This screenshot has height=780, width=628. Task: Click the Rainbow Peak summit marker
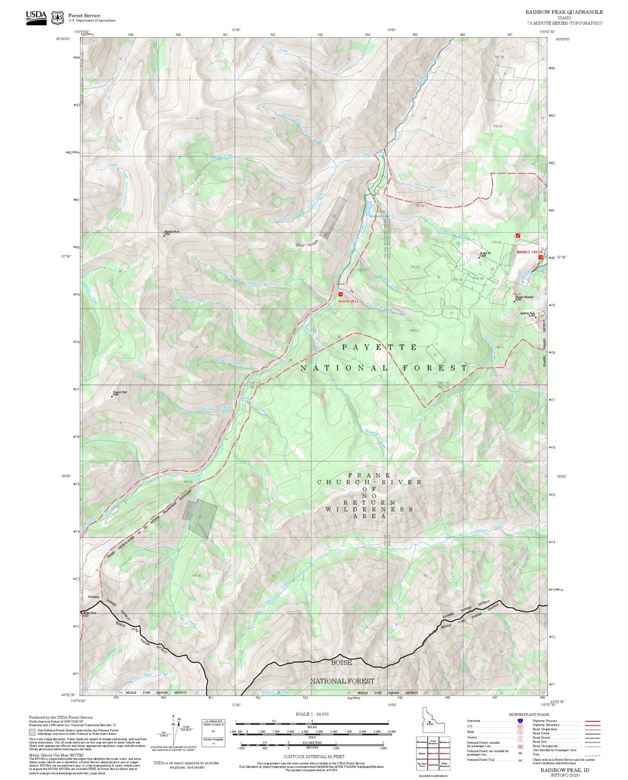point(164,235)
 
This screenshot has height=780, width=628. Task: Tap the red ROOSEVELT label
point(349,301)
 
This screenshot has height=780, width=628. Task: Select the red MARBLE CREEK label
point(529,252)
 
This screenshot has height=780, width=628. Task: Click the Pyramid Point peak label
point(120,393)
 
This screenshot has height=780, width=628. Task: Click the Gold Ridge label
point(307,244)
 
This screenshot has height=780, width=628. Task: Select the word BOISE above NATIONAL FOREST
point(341,663)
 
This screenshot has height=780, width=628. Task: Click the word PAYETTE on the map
point(379,347)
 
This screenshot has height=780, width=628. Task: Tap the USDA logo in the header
point(36,17)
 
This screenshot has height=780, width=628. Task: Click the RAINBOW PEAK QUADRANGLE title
point(564,12)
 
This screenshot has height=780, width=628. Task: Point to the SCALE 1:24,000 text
point(312,714)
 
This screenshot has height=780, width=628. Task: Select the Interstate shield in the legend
point(520,721)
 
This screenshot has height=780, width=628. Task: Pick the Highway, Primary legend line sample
point(592,721)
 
